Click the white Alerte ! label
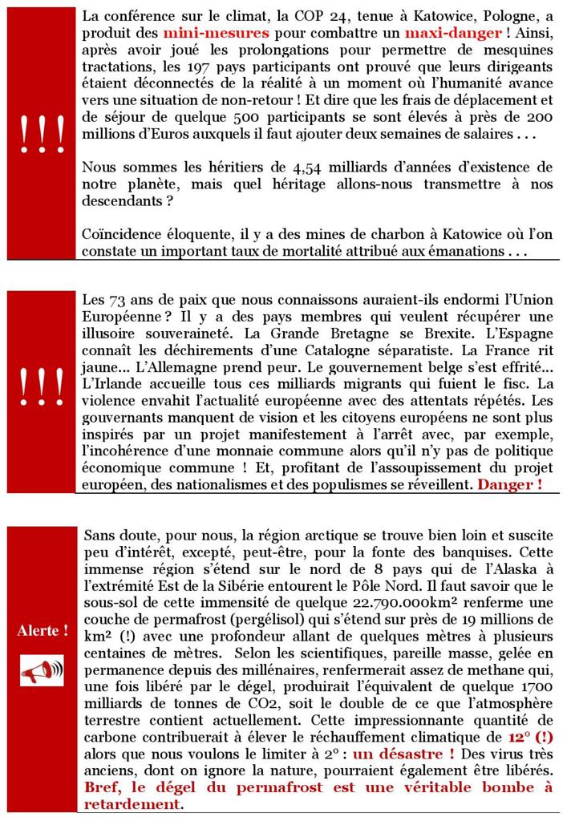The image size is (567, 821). pyautogui.click(x=43, y=631)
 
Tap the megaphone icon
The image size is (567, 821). pyautogui.click(x=43, y=669)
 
